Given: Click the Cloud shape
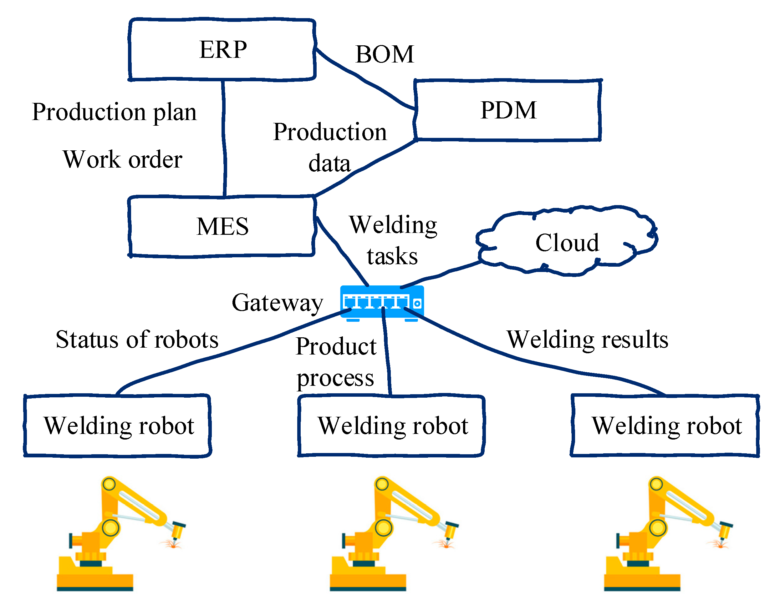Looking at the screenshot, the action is point(567,243).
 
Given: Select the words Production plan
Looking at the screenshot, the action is point(114,112).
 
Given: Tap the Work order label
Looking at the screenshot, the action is point(123,159).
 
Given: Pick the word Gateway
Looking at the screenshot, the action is point(277,303).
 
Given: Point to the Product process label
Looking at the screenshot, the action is point(336,362).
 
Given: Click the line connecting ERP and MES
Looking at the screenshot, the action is point(224,139).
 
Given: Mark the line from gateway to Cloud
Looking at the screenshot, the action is point(443,274).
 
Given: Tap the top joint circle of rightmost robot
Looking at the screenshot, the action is point(656,484).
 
